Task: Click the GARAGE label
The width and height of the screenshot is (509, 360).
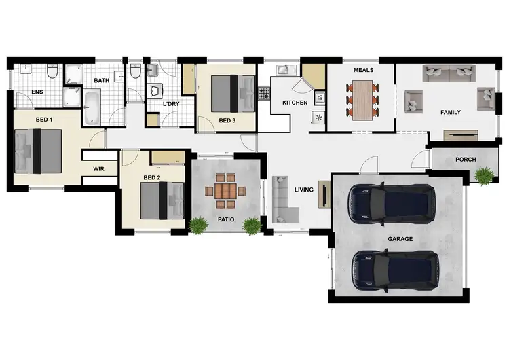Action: [400, 240]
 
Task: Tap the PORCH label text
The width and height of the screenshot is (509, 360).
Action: [466, 160]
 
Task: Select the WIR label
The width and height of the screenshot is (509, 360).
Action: [98, 168]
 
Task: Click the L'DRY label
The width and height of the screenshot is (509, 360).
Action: [170, 104]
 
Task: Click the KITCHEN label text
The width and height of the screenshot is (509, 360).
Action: [295, 103]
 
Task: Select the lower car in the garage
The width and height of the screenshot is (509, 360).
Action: [394, 269]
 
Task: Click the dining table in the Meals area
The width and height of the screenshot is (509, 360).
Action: [362, 101]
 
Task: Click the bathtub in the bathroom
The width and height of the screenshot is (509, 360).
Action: [92, 109]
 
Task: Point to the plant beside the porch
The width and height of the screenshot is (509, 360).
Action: [484, 176]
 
